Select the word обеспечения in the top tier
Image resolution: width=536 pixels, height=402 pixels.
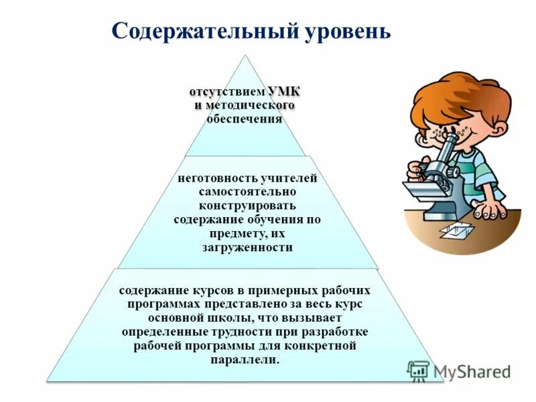click(244, 119)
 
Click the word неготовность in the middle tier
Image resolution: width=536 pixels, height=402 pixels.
click(214, 179)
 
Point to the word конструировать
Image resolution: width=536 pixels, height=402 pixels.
click(247, 206)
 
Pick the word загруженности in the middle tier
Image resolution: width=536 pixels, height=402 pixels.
click(247, 247)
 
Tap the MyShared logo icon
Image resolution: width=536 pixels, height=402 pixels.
click(418, 371)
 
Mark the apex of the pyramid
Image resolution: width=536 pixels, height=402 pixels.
click(246, 56)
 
